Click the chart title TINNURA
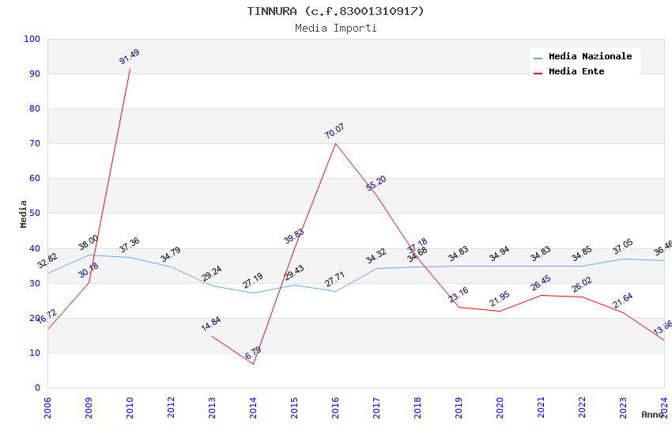point(335,11)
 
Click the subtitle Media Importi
point(335,28)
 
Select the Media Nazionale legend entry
point(590,57)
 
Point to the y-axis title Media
point(24,214)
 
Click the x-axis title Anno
point(651,414)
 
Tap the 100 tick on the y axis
point(32,40)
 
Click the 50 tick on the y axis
point(34,214)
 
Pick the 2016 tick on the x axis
point(335,407)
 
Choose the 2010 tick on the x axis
point(130,407)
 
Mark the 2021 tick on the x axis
point(541,407)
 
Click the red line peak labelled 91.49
point(130,69)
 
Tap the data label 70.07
point(334,131)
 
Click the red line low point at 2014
point(253,364)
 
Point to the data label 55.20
point(376,183)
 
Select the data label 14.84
point(211,323)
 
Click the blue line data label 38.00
point(89,243)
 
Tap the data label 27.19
point(253,281)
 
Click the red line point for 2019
point(459,307)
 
